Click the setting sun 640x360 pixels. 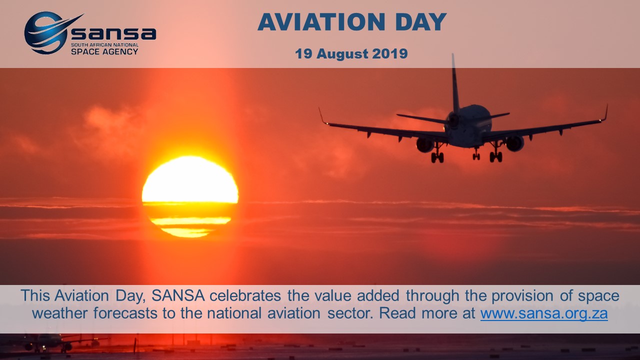point(190,196)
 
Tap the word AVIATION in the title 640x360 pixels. point(321,22)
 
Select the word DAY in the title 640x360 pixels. point(421,22)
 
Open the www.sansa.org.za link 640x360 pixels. point(544,313)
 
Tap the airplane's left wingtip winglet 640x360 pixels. point(323,116)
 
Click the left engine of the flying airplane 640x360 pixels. point(425,145)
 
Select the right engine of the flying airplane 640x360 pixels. point(515,143)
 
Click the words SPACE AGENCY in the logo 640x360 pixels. point(104,51)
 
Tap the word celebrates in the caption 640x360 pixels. point(245,295)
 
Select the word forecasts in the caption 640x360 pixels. point(125,313)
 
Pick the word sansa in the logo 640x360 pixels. point(113,33)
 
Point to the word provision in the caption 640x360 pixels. point(522,296)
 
